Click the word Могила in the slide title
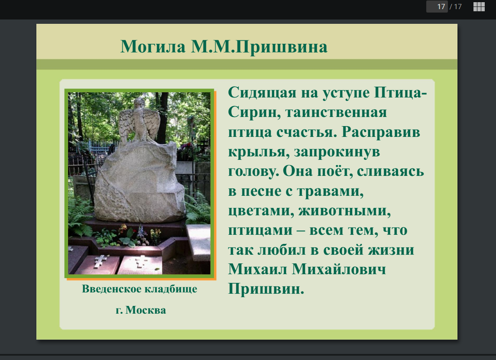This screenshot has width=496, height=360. [153, 47]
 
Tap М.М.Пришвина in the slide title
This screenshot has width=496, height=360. [259, 47]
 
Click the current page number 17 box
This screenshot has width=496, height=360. [437, 6]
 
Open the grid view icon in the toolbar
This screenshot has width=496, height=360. [479, 6]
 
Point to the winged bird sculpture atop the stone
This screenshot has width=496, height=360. [139, 122]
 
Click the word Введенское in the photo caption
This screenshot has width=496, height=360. [111, 289]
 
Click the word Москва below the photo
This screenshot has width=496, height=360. [146, 310]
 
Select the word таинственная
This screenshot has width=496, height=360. [336, 113]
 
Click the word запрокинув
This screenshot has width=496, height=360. [337, 152]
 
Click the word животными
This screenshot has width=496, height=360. [344, 211]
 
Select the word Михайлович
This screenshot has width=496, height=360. [339, 269]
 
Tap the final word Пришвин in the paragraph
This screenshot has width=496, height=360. [266, 289]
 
